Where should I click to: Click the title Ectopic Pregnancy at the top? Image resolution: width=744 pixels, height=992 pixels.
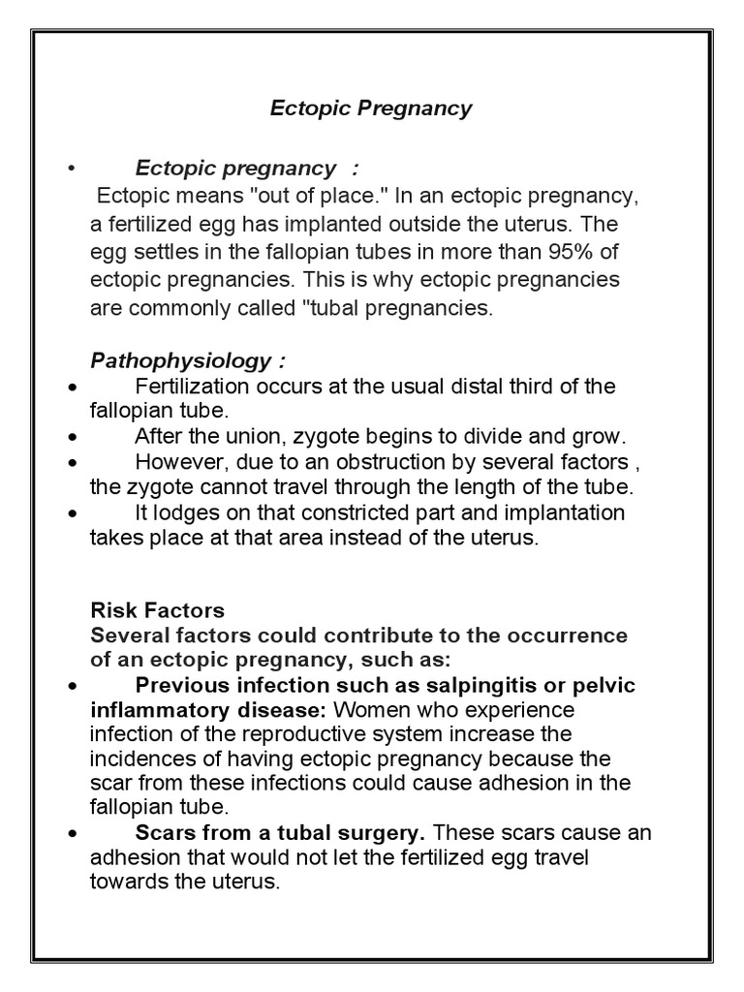coord(371,108)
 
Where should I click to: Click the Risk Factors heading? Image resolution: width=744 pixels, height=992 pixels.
coord(157,610)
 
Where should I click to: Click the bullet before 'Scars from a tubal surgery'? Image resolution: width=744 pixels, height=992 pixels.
coord(73,833)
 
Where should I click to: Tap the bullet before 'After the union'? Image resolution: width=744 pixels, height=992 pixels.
coord(73,436)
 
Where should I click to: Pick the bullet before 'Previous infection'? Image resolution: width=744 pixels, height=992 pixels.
coord(73,686)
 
